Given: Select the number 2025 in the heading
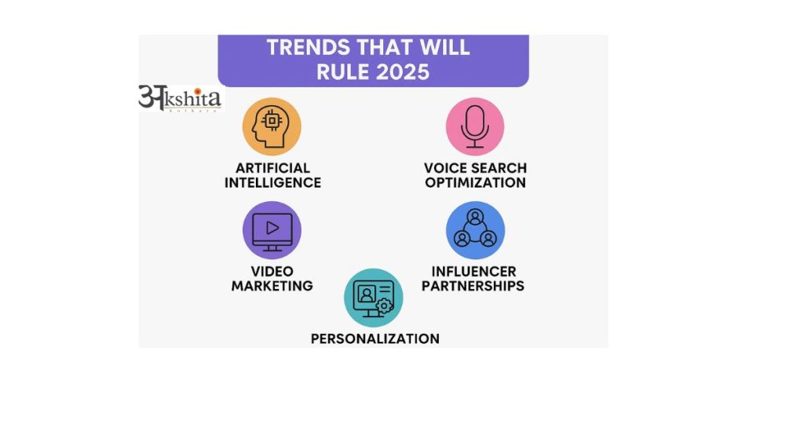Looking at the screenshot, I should point(401,71).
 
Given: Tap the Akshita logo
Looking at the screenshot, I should point(180,97).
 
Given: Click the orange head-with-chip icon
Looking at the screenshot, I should point(272,126).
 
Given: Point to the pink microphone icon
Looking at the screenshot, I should point(474,126).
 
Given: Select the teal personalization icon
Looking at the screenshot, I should point(373,298).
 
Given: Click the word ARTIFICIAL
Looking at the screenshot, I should point(272,168).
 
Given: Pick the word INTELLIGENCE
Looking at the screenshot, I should point(272,182).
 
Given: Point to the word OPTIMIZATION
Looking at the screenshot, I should point(474,182).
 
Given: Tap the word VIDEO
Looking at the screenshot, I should point(272,272).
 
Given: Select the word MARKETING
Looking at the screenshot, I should point(272,286).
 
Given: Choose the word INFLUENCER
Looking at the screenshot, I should point(473,272).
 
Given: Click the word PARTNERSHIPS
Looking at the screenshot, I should point(473,286).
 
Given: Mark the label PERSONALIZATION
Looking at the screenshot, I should point(375,339).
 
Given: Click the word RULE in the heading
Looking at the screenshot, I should point(342,71).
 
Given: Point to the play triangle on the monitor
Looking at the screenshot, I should point(272,228).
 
